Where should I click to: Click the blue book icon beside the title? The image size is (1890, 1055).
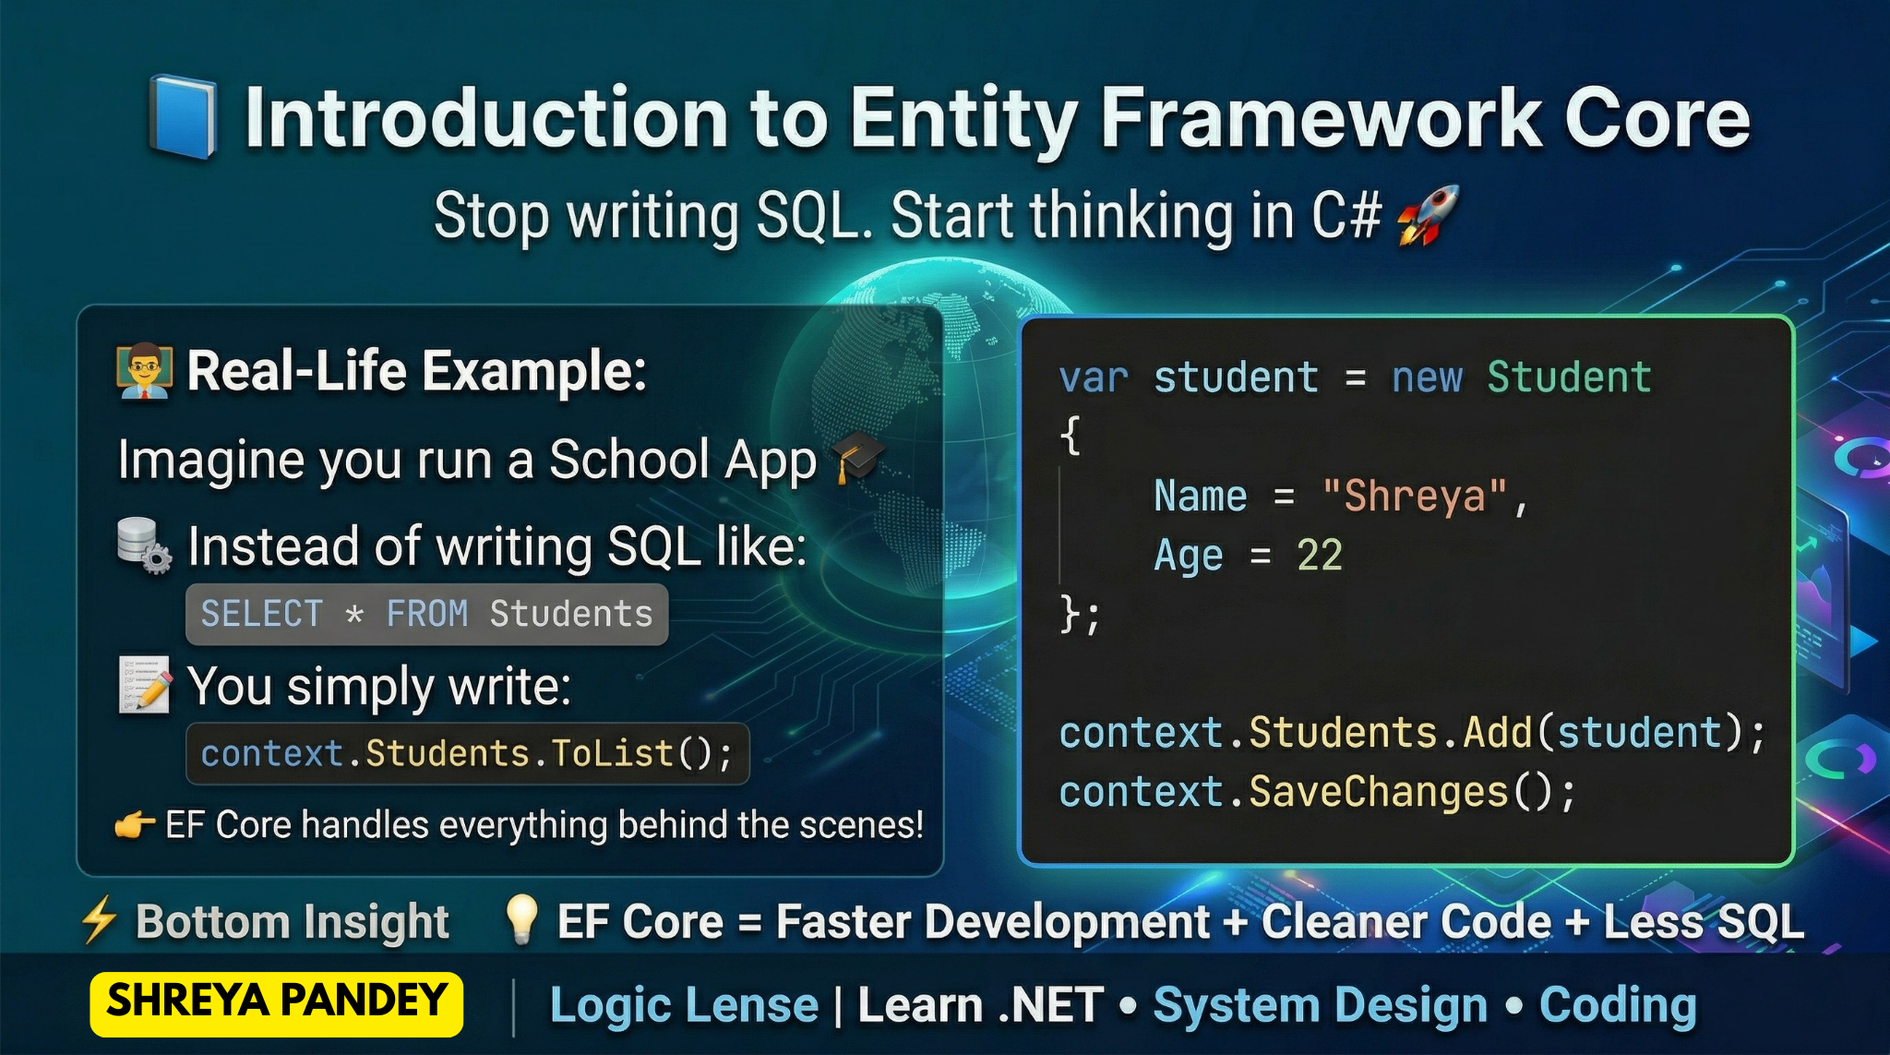pos(184,117)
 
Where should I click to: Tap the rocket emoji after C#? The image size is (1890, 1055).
pos(1428,215)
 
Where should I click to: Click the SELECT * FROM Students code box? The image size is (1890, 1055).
pos(426,614)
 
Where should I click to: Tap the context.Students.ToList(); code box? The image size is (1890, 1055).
pos(467,754)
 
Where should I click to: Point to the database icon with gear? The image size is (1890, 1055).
pos(144,545)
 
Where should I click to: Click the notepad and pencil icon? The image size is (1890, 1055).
pos(145,685)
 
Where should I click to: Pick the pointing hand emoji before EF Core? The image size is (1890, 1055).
pos(134,824)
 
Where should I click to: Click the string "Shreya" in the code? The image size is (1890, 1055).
pos(1415,497)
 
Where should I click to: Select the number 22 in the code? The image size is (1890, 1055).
pos(1320,556)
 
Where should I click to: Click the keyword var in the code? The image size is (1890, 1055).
pos(1094,378)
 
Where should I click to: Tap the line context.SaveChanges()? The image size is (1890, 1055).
pos(1318,792)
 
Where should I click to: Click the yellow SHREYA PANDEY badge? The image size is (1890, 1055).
pos(277,1003)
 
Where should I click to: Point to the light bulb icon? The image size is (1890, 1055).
pos(521,919)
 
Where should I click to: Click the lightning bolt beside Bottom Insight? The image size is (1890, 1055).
pos(99,919)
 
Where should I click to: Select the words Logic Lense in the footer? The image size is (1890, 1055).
pos(684,1005)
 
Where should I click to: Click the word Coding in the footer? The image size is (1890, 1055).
pos(1618,1006)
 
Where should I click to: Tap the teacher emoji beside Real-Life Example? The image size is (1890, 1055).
pos(145,372)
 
